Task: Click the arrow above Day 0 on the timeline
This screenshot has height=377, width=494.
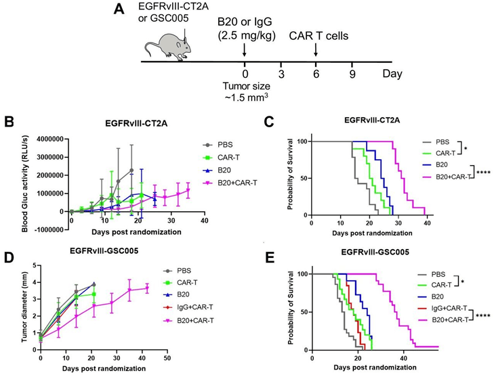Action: [245, 50]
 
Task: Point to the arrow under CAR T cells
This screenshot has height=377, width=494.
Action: [316, 50]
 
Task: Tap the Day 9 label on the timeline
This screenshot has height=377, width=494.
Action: [352, 74]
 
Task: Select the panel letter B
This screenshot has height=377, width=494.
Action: [9, 122]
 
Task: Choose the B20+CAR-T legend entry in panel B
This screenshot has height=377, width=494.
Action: [230, 182]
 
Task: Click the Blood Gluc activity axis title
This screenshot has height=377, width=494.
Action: [25, 184]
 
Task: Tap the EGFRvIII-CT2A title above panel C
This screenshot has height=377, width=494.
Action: [372, 120]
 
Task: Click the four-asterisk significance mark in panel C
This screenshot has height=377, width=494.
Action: [485, 173]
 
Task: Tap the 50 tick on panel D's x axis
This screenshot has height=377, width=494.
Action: [167, 358]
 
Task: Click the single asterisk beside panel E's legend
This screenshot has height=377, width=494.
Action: [463, 282]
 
